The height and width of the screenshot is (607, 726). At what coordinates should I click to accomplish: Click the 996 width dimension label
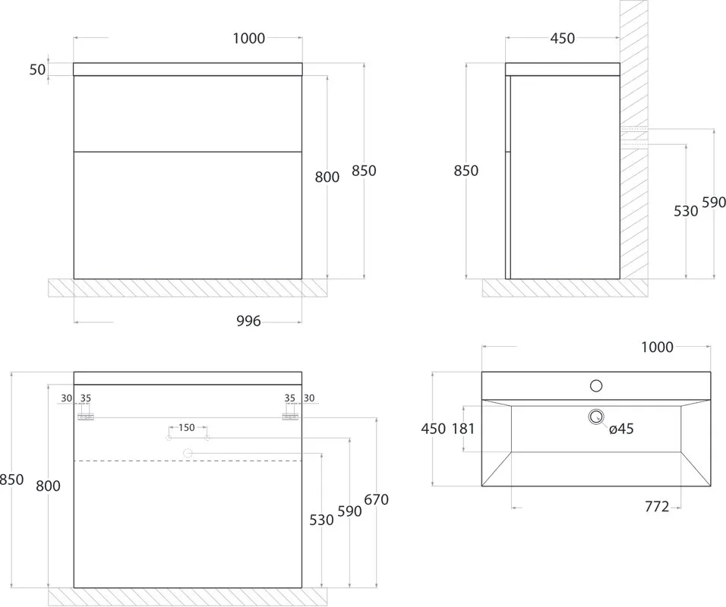coord(248,321)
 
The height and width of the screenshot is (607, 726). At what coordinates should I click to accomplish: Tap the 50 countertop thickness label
coord(37,70)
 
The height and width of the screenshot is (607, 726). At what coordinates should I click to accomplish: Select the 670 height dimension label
coord(377,500)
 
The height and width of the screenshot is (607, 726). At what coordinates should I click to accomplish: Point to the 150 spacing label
coord(187,427)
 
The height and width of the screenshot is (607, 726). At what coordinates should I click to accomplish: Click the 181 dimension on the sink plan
coord(463,429)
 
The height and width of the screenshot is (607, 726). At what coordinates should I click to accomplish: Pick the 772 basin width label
coord(657,507)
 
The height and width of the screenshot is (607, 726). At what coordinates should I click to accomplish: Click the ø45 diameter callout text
coord(621,429)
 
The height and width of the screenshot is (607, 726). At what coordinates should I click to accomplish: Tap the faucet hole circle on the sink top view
coord(596,385)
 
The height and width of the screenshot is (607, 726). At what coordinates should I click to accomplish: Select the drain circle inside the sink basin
coord(596,417)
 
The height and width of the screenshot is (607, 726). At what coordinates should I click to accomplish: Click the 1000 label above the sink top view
coord(657,347)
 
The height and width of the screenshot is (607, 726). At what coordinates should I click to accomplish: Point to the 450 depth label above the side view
coord(563,39)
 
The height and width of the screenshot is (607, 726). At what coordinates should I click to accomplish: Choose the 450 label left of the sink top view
coord(434,429)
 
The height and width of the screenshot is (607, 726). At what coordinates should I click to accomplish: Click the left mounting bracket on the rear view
coord(86,417)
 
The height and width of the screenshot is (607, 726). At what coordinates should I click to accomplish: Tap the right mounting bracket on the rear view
coord(290,417)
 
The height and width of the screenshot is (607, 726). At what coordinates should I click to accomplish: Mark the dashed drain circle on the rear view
coord(188,454)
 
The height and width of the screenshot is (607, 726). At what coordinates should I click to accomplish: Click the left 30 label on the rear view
coord(67,398)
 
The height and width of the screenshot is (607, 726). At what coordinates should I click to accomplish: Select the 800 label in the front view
coord(327,177)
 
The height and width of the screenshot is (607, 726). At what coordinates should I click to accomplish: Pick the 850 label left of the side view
coord(466,171)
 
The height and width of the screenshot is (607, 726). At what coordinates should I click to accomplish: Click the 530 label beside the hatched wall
coord(686,211)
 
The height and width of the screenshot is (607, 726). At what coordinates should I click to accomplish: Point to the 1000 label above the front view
coord(248,39)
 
